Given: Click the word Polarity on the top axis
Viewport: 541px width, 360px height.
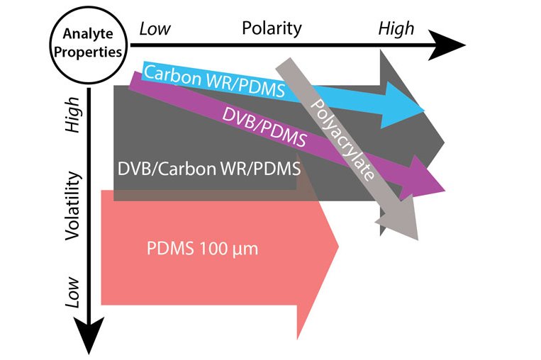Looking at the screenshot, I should coord(272,28).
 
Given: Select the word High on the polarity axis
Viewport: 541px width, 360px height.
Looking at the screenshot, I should coord(396,29).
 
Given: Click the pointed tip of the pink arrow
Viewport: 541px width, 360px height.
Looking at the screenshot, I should coord(339,246).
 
